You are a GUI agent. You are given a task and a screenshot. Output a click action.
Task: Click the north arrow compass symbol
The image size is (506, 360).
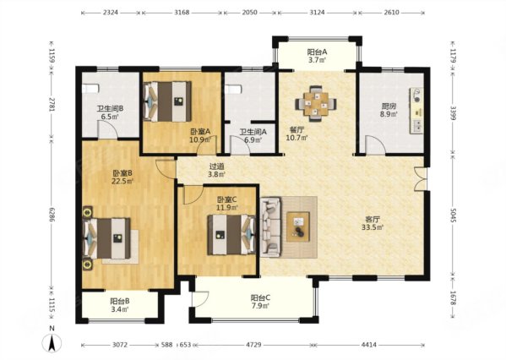(x=52, y=343)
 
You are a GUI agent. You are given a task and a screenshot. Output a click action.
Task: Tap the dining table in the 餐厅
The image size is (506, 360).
(x=316, y=103)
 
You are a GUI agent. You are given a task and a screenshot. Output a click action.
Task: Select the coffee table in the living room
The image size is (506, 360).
(x=298, y=226)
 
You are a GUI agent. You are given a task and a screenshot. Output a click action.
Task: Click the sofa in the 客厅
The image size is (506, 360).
(x=270, y=227)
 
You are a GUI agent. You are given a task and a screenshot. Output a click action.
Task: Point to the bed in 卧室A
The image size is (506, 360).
(x=167, y=101)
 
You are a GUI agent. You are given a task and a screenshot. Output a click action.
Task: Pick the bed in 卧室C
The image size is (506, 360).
(x=231, y=235)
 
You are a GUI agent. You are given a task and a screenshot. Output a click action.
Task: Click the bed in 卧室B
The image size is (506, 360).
(x=107, y=238)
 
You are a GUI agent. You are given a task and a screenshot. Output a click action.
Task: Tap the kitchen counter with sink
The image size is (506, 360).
(x=416, y=111)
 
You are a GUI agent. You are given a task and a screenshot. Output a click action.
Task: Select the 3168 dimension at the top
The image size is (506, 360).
(x=182, y=13)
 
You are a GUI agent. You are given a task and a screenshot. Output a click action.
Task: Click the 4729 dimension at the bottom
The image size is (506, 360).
(x=253, y=345)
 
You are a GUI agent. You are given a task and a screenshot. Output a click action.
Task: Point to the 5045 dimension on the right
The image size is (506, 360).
(x=453, y=215)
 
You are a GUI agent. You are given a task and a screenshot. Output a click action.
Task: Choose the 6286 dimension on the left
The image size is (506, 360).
(x=52, y=215)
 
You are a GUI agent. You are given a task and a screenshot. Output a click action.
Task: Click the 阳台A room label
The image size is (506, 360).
(x=318, y=52)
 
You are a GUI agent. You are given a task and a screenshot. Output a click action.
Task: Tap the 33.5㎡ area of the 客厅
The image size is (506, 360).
(x=373, y=227)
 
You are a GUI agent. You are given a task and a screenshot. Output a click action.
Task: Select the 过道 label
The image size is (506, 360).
(x=216, y=166)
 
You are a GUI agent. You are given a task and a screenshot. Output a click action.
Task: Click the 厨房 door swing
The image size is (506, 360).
(x=375, y=145)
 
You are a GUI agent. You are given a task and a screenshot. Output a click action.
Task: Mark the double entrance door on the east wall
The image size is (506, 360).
(x=421, y=178)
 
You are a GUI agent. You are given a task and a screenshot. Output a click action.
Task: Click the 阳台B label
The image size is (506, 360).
(x=120, y=301)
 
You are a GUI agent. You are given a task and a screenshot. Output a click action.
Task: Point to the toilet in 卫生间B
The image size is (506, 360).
(x=90, y=89)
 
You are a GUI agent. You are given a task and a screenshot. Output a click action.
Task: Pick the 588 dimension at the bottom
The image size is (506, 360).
(x=167, y=345)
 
